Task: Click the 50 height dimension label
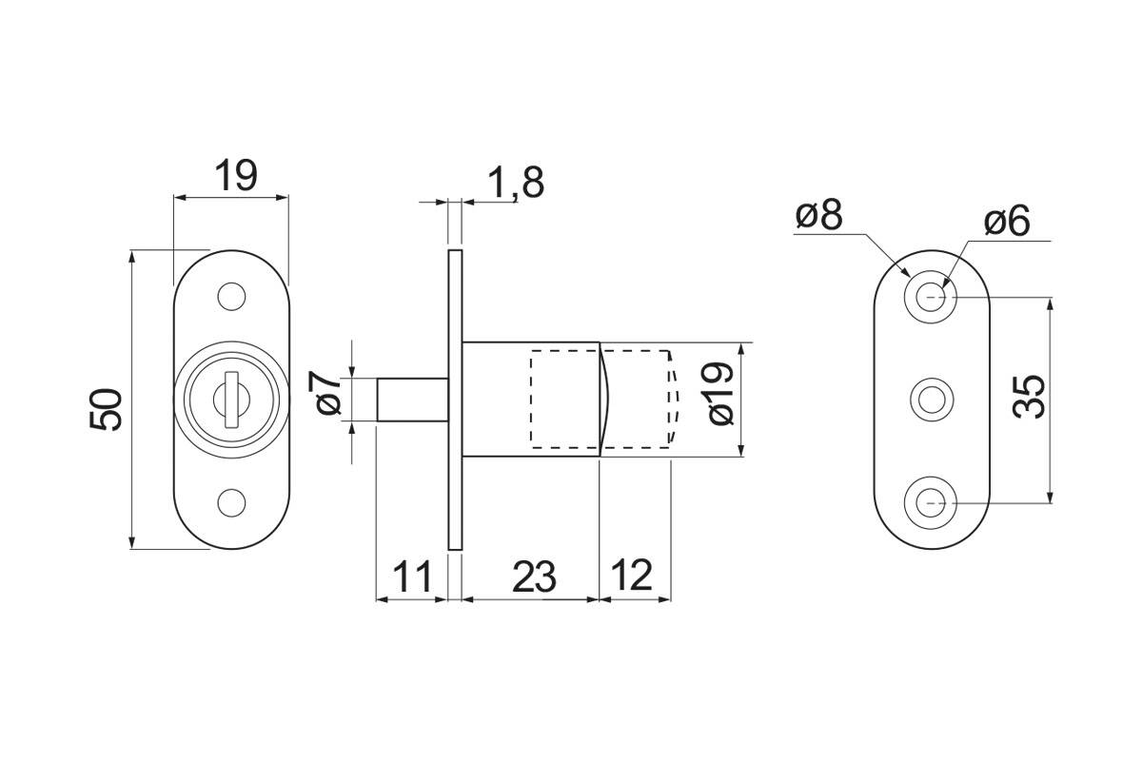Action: tap(106, 409)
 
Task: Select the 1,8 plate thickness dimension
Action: tap(516, 183)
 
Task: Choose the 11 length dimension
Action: tap(412, 576)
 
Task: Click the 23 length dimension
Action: tap(534, 576)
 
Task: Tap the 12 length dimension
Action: tap(632, 575)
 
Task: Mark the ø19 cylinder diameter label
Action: tap(720, 394)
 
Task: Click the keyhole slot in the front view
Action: tap(232, 400)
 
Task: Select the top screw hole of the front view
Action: tap(231, 296)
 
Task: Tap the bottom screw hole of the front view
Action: tap(231, 502)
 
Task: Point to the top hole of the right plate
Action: tap(930, 297)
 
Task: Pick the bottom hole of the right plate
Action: tap(930, 502)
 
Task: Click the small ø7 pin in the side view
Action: tap(413, 400)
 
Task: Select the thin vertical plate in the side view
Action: tap(455, 400)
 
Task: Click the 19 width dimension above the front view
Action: tap(236, 176)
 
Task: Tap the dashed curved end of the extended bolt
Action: tap(674, 398)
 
